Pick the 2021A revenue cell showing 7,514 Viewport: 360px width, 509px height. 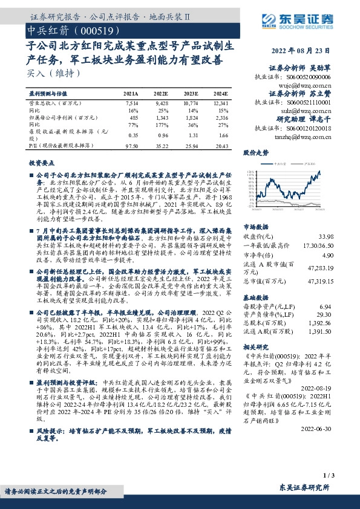pos(131,104)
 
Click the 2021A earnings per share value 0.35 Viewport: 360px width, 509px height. pos(133,137)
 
